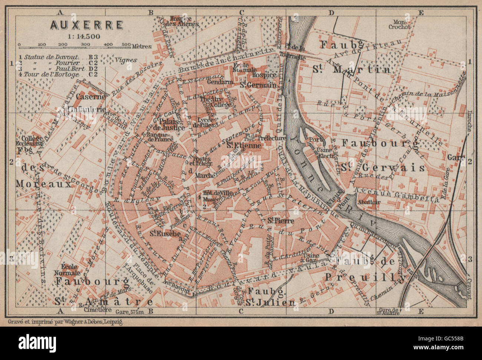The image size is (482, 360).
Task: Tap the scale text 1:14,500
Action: pos(84,36)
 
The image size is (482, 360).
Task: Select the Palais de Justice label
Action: pos(171,125)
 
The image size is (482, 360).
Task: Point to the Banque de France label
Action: pos(160,137)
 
